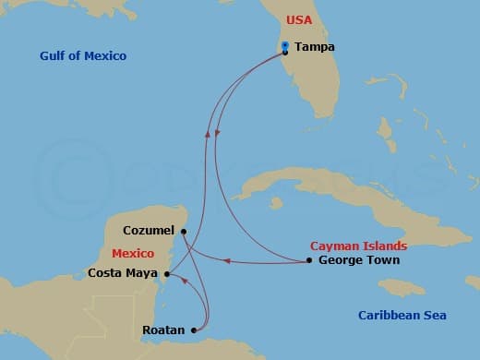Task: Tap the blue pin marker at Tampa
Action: tap(285, 46)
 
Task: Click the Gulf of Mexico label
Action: tap(83, 56)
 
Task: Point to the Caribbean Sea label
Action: tap(402, 316)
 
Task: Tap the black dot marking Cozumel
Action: tap(184, 231)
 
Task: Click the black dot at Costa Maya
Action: tap(166, 273)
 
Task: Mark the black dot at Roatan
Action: tap(193, 330)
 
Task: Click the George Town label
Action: tap(358, 260)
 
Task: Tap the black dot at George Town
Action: tap(308, 260)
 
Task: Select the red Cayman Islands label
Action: tap(358, 246)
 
